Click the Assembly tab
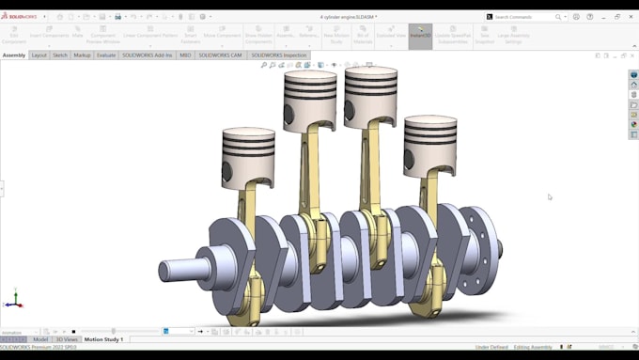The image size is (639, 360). pos(14,55)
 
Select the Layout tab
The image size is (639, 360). pos(39,55)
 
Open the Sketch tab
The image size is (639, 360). pos(60,55)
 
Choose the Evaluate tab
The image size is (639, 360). pos(106,55)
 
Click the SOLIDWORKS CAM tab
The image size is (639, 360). pos(220,55)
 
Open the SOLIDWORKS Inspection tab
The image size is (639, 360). pos(279,55)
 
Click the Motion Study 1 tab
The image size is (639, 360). pos(103,339)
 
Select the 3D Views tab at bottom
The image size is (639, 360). pos(66,339)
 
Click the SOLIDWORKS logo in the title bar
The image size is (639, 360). pos(19,17)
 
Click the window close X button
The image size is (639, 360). pos(631,16)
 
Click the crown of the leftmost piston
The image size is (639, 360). pos(248,133)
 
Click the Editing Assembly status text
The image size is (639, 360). pos(534,347)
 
